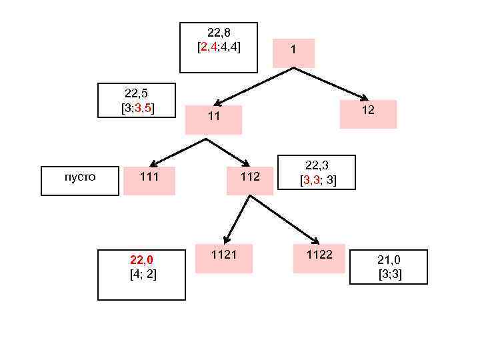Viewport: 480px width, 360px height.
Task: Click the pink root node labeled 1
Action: (x=293, y=53)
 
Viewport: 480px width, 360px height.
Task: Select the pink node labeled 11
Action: (x=213, y=119)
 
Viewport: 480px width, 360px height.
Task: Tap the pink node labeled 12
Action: (x=368, y=113)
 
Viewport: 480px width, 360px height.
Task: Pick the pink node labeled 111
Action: (x=149, y=180)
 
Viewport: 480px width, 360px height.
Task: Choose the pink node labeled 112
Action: (x=250, y=180)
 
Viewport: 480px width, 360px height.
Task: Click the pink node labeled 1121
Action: (x=223, y=258)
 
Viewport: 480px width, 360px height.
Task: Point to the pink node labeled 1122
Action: (x=319, y=258)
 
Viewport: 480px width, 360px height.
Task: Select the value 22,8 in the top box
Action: (x=219, y=33)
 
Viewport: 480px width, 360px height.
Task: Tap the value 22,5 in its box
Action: (x=136, y=93)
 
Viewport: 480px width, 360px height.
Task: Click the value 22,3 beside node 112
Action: (x=317, y=165)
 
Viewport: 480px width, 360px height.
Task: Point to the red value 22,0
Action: (x=141, y=259)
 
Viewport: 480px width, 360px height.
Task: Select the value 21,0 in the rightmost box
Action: (x=389, y=259)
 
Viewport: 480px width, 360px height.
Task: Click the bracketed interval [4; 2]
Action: (x=143, y=274)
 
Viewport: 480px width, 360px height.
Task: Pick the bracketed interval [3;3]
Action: (x=389, y=274)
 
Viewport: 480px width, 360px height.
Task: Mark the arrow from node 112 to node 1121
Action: (x=237, y=219)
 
